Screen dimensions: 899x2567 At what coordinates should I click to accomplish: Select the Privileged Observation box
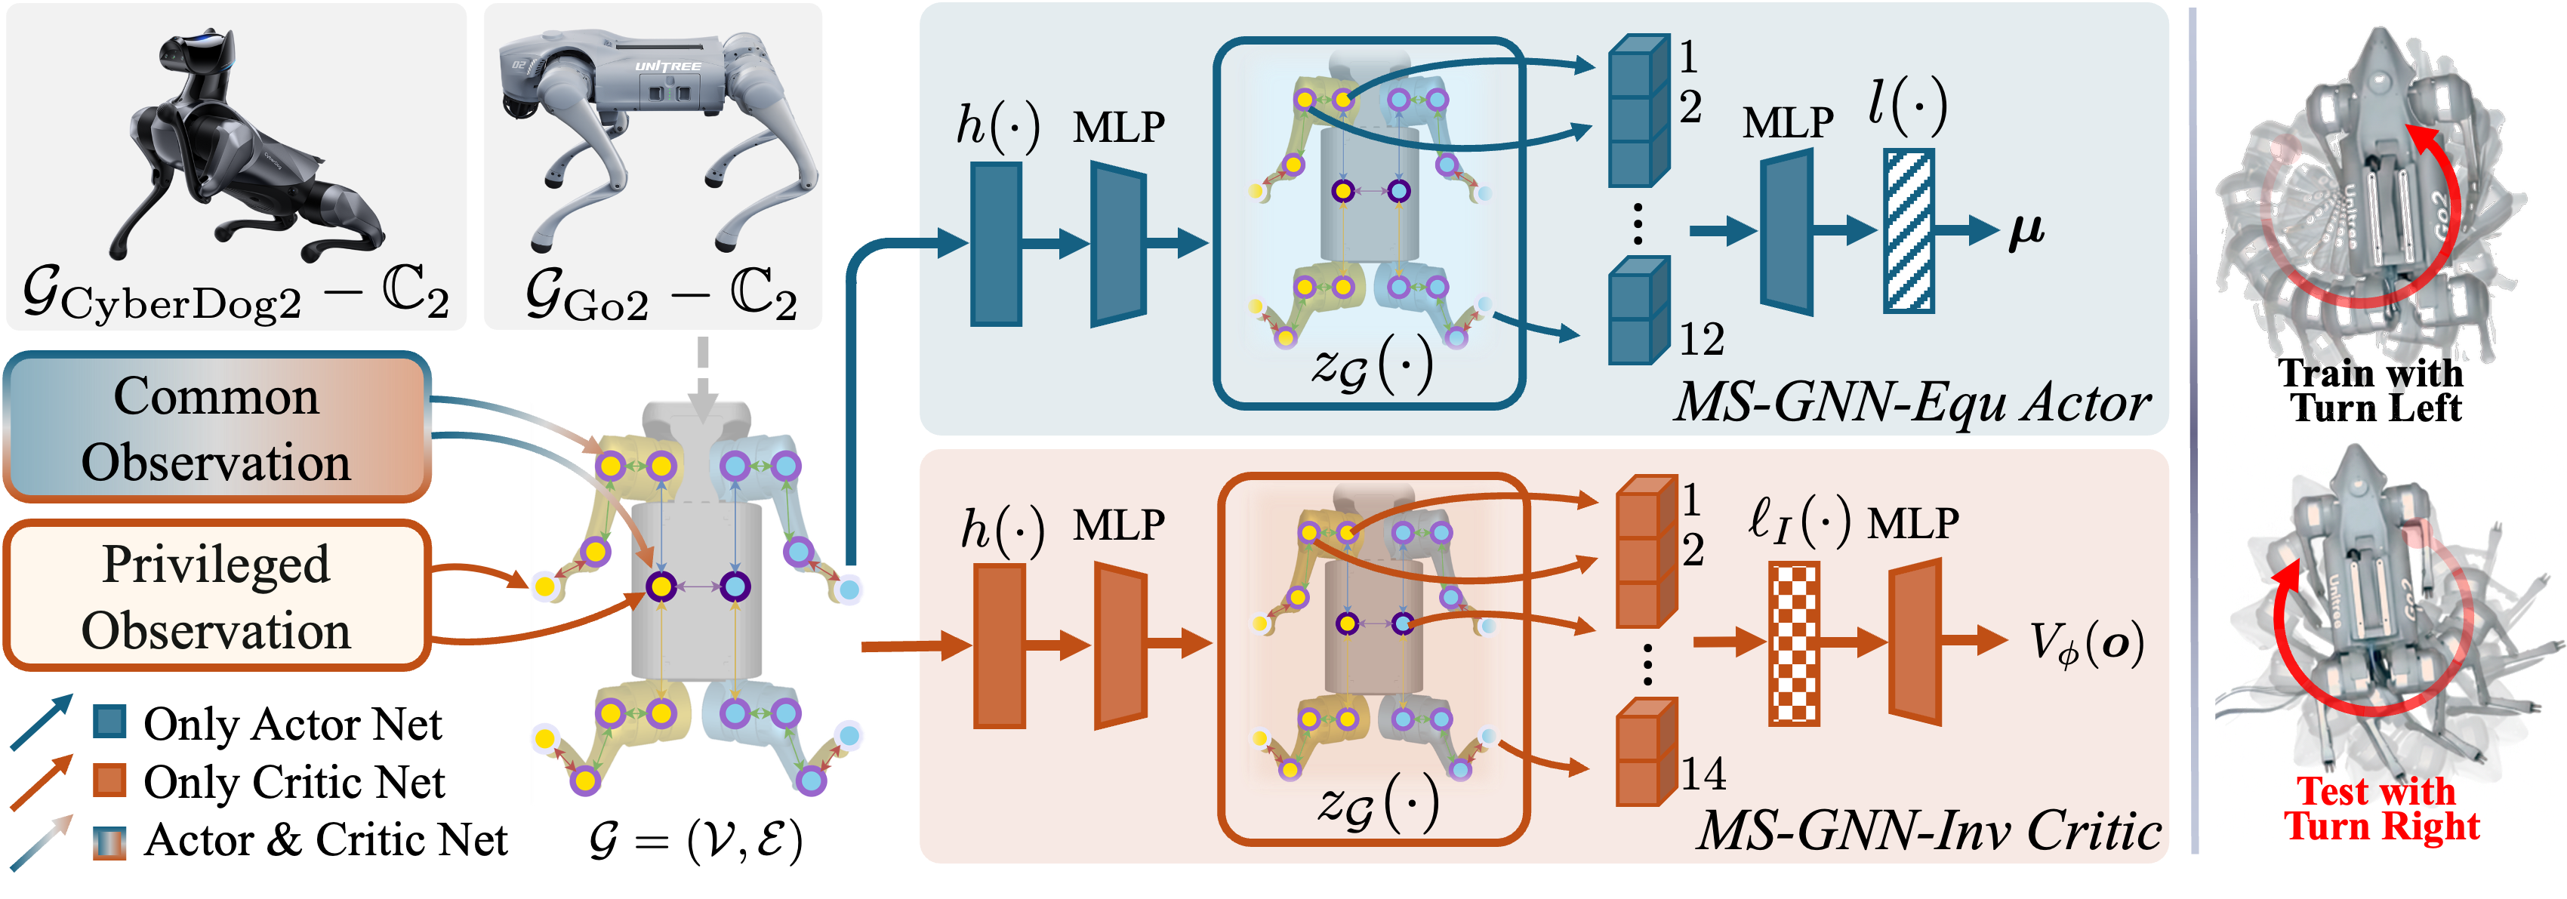pyautogui.click(x=216, y=596)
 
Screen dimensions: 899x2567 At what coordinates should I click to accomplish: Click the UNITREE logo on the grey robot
pyautogui.click(x=667, y=66)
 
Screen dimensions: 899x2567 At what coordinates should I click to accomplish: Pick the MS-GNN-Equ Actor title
pyautogui.click(x=1912, y=402)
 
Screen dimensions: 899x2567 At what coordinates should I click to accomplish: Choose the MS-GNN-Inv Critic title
pyautogui.click(x=1928, y=830)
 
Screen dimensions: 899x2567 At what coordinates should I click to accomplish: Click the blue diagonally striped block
pyautogui.click(x=1909, y=230)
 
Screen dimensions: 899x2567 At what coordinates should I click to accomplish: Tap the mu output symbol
pyautogui.click(x=2026, y=230)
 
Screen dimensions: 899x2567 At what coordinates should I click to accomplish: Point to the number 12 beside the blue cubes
pyautogui.click(x=1701, y=340)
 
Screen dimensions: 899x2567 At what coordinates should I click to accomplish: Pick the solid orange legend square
pyautogui.click(x=109, y=780)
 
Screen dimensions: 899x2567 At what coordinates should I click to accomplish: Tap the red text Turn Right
pyautogui.click(x=2382, y=825)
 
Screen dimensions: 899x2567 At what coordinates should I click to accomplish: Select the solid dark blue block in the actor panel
pyautogui.click(x=996, y=244)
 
